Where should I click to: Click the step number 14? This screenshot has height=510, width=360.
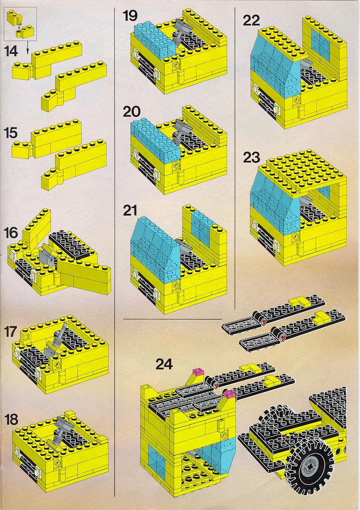click(x=11, y=51)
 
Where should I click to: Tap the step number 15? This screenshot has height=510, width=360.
click(x=11, y=133)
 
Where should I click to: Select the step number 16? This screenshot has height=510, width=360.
click(x=11, y=233)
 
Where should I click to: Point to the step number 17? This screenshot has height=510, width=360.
click(x=11, y=332)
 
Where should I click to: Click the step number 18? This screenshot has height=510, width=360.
click(x=11, y=420)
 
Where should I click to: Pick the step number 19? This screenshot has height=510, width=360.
click(x=130, y=16)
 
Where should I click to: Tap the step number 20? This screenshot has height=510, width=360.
click(x=132, y=112)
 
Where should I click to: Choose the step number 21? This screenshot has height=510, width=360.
click(x=130, y=211)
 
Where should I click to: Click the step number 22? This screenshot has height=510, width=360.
click(x=251, y=21)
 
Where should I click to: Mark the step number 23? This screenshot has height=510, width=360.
click(x=251, y=158)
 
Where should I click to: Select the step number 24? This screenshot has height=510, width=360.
click(x=164, y=364)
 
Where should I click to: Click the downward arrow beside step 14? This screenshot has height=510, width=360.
click(x=27, y=48)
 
